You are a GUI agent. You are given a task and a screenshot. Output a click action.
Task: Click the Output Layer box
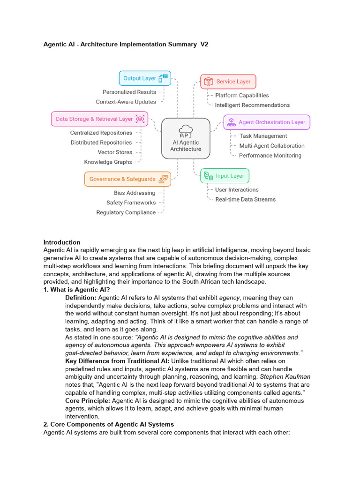pos(144,79)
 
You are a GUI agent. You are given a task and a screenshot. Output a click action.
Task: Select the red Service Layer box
pos(228,82)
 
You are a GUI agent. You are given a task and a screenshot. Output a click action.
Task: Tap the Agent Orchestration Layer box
pos(266,122)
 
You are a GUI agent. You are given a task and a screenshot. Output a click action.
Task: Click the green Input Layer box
pos(225,176)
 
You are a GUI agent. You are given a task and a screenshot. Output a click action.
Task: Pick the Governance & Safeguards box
pos(127,179)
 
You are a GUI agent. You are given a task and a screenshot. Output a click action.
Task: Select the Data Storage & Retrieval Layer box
pos(99,119)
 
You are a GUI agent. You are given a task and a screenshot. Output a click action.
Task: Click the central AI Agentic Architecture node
pos(186,138)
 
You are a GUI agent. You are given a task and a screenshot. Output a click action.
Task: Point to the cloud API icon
pos(186,129)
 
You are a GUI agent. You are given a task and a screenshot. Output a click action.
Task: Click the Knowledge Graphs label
pos(108,162)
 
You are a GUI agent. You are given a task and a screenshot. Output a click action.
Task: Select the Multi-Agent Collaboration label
pos(272,146)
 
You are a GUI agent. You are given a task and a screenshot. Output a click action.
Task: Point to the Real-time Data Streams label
pos(245,199)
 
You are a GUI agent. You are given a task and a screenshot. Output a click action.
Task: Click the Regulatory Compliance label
pos(126,212)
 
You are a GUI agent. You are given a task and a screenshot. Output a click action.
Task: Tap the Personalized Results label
pos(129,92)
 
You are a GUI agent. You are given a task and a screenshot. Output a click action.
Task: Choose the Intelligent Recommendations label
pos(252,105)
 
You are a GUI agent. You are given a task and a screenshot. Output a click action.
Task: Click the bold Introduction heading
pos(62,242)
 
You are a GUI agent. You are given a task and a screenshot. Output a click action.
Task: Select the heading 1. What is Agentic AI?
pos(76,290)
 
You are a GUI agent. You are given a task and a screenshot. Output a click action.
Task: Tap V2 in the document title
pos(203,45)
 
